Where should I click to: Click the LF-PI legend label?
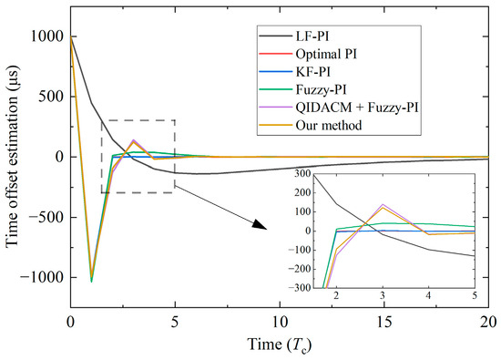point(312,36)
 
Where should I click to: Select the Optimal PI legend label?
point(326,54)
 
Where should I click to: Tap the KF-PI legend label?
point(312,72)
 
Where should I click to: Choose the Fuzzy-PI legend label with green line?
point(322,89)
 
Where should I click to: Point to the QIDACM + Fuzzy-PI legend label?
point(357,108)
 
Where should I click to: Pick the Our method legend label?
point(329,125)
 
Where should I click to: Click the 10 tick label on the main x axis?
point(280,322)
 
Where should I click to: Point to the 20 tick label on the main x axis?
point(488,322)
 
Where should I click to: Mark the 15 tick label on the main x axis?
point(384,322)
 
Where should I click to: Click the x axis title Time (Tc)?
point(280,345)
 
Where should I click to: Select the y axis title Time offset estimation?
point(12,157)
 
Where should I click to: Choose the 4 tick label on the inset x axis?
point(428,295)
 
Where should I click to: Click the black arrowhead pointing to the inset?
point(260,224)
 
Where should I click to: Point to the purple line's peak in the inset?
point(383,204)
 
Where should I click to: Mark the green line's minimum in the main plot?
point(91,282)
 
